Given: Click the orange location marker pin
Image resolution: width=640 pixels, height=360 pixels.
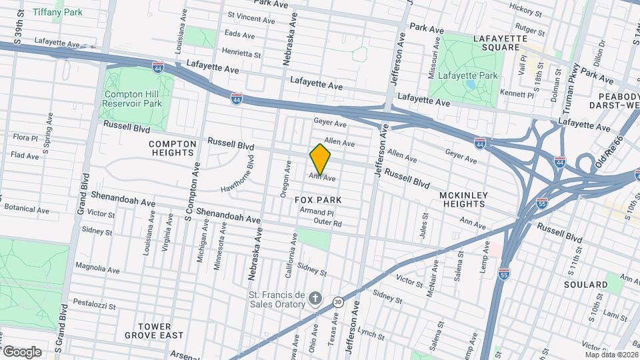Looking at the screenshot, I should point(320,159).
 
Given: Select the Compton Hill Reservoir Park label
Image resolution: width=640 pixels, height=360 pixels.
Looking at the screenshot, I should point(133,99).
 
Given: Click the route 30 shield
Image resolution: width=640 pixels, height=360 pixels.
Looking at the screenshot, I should point(339,302).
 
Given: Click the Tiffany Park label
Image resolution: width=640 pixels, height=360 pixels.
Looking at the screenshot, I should point(57,12).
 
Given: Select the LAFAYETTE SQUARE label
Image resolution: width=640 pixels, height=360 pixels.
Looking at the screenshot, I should point(496,43).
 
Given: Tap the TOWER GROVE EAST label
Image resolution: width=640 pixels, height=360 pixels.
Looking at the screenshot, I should point(160,331).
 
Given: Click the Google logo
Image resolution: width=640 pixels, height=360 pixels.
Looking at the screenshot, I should point(21,351).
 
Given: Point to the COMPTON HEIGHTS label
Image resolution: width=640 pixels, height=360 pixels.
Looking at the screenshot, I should point(173,147).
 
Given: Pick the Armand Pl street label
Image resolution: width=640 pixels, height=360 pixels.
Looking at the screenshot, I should point(316,211).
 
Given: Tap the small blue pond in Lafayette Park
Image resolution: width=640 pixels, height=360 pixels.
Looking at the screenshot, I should point(472,85).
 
